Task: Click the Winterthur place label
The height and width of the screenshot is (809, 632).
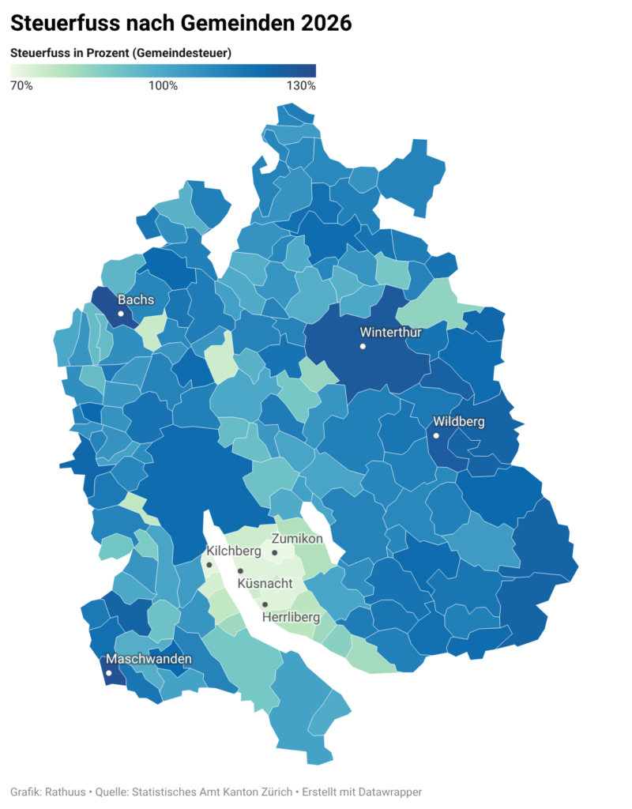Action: [390, 332]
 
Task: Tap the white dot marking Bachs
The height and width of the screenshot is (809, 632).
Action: [121, 314]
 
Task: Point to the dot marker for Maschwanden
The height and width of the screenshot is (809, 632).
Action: [108, 673]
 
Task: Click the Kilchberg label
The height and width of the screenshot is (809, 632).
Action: [234, 551]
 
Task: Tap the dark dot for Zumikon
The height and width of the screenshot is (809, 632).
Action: [274, 552]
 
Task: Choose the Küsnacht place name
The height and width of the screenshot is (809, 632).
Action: [265, 583]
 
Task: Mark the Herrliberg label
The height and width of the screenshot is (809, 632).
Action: [291, 616]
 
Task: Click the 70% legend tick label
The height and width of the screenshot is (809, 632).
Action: [21, 85]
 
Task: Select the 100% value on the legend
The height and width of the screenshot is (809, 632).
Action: [164, 85]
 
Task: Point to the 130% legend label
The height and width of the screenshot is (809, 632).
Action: [301, 85]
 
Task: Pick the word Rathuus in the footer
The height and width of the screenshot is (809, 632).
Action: [67, 791]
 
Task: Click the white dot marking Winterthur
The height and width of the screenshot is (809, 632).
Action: [363, 346]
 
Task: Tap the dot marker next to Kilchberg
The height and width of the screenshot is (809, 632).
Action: [209, 564]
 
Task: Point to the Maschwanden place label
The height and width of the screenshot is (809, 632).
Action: [149, 659]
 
